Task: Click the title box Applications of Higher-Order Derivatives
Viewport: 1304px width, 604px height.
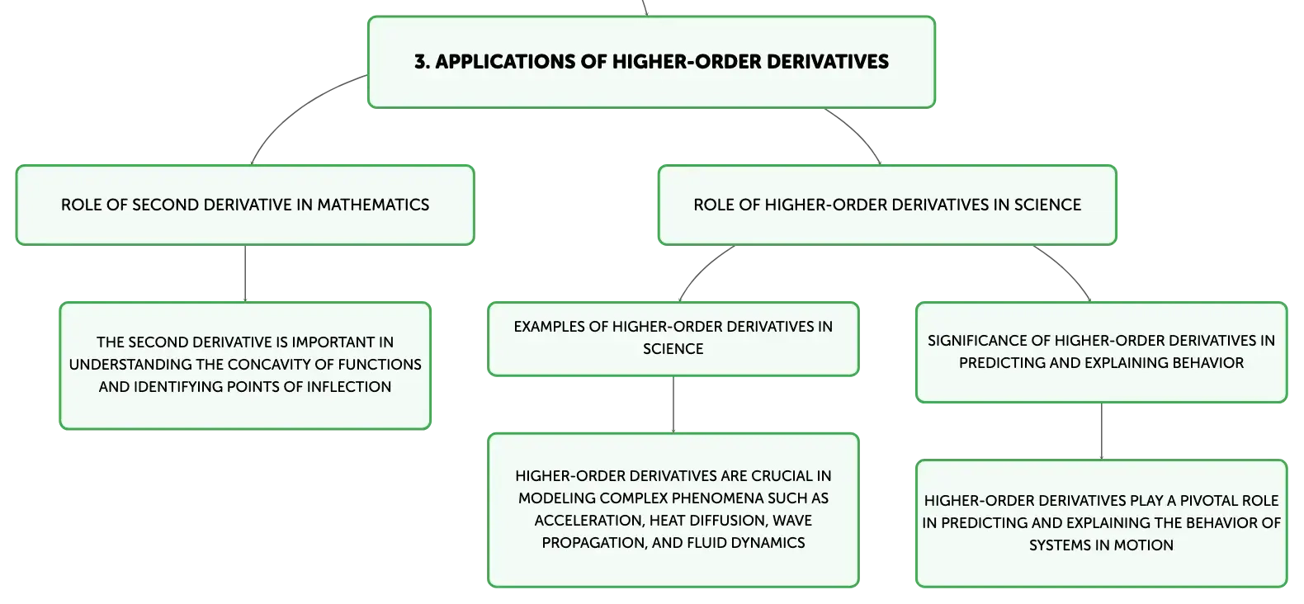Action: [651, 62]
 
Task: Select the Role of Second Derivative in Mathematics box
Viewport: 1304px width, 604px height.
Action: [245, 205]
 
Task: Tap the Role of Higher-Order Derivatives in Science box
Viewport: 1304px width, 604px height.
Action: [887, 205]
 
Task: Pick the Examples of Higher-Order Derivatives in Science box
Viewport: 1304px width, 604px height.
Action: [673, 338]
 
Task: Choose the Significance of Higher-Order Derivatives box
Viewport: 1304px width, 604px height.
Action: [1101, 352]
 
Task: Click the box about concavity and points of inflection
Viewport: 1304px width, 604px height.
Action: [245, 366]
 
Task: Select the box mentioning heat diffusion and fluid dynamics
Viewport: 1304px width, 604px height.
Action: [673, 510]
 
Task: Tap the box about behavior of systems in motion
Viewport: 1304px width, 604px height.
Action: [1101, 523]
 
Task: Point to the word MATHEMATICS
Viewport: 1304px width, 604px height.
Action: [373, 205]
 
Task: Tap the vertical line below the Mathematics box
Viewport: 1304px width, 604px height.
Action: [245, 273]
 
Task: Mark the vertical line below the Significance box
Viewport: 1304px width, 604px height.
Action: [1102, 432]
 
